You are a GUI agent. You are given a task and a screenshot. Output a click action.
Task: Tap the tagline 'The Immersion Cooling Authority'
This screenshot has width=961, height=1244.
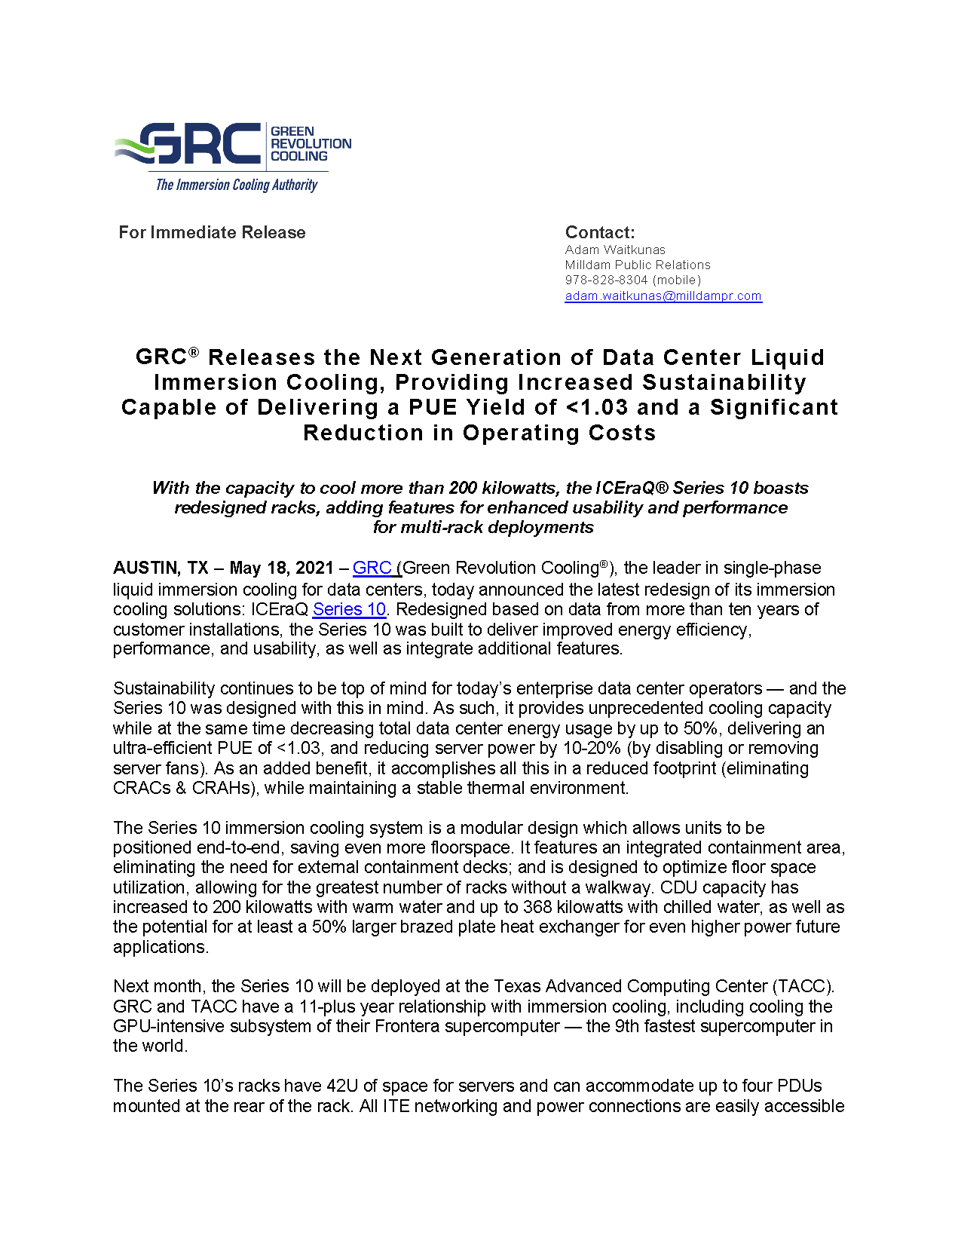click(236, 185)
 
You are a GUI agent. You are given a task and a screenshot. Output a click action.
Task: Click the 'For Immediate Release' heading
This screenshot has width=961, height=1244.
click(212, 232)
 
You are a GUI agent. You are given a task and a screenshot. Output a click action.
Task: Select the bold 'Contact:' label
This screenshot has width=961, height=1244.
click(600, 232)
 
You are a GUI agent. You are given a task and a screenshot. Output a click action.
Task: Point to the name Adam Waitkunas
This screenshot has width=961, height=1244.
click(615, 250)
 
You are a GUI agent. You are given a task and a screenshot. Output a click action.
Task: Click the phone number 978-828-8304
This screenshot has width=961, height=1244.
click(606, 280)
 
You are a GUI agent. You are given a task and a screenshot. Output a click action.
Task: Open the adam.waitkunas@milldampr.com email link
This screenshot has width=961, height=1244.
click(663, 296)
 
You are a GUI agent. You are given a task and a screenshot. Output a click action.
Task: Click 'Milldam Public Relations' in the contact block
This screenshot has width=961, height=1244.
click(638, 265)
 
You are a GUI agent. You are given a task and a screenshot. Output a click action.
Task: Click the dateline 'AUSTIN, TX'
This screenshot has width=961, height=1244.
click(161, 568)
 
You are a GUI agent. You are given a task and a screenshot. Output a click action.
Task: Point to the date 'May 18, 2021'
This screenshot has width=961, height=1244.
click(281, 568)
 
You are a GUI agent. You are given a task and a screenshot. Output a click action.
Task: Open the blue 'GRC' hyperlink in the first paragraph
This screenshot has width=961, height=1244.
click(372, 568)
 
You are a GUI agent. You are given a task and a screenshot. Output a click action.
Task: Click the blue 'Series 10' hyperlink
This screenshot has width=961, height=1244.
click(349, 609)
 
